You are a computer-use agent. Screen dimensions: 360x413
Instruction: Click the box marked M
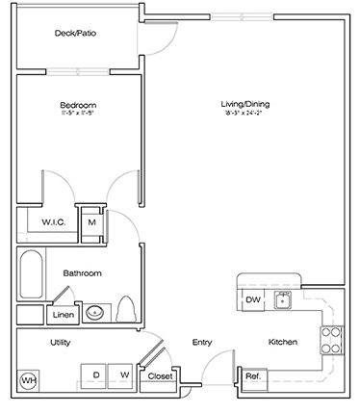(x=92, y=222)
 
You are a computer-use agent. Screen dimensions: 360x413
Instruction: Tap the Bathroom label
(x=82, y=272)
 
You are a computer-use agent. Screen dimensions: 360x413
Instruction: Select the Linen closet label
(x=63, y=314)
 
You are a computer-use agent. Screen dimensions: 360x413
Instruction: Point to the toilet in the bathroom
(x=124, y=310)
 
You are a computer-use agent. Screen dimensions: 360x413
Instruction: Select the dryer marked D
(x=96, y=374)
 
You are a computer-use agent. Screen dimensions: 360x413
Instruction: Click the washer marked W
(x=124, y=374)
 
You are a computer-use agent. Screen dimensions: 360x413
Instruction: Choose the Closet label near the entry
(x=158, y=375)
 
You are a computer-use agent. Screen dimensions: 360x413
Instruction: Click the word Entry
(x=201, y=343)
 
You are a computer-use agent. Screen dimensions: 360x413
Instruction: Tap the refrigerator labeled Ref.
(x=252, y=375)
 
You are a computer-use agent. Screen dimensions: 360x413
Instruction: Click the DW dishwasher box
(x=253, y=299)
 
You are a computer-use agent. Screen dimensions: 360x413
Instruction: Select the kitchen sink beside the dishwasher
(x=283, y=300)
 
